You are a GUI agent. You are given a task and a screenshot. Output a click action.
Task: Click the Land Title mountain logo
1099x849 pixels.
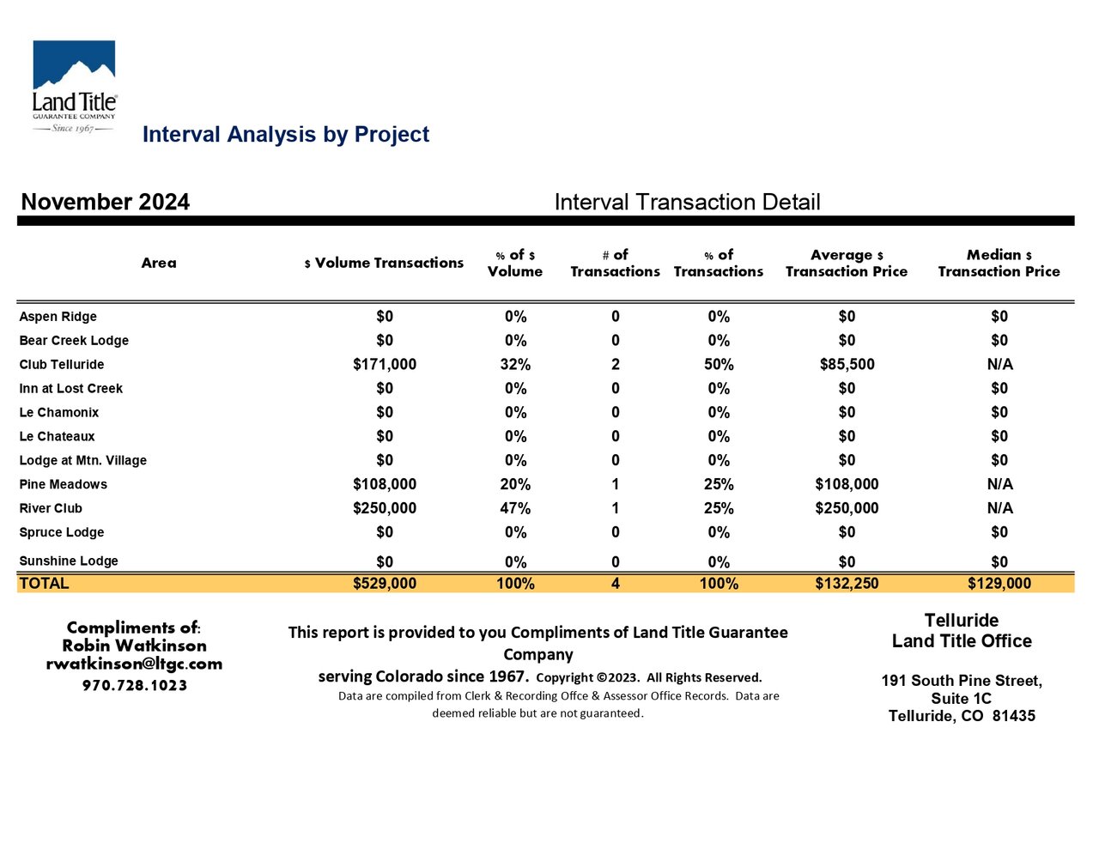(x=75, y=87)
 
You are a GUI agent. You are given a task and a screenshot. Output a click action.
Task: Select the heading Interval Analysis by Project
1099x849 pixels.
(x=286, y=135)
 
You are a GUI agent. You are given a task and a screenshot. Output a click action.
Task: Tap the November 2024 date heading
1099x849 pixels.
(x=106, y=202)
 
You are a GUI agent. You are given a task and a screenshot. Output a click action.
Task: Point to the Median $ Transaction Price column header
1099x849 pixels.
(x=999, y=263)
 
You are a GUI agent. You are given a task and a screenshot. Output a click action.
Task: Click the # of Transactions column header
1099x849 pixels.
(x=615, y=263)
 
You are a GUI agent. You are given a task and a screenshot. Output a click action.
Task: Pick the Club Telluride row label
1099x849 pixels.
(x=62, y=365)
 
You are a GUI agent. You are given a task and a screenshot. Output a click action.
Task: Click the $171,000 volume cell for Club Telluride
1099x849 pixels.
(x=385, y=364)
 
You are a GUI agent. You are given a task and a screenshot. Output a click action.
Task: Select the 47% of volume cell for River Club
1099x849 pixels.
(x=515, y=508)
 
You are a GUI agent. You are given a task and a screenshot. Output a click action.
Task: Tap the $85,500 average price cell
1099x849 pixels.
(x=847, y=364)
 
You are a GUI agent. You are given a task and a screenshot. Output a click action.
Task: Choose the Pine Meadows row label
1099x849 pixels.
(x=64, y=484)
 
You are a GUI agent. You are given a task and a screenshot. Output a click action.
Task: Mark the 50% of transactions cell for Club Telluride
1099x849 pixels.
(x=719, y=364)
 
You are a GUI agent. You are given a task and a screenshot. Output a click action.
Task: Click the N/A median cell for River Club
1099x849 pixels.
(x=1000, y=508)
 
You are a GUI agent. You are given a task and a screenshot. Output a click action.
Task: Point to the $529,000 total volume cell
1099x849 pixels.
(x=385, y=584)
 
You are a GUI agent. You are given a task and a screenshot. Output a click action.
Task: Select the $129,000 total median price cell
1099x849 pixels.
(x=999, y=584)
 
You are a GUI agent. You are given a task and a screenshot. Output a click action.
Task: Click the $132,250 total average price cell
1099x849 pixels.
(x=847, y=584)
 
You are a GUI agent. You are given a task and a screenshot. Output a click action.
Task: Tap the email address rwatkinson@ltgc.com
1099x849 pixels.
(x=134, y=664)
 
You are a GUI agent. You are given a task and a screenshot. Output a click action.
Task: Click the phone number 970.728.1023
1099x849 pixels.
(x=135, y=686)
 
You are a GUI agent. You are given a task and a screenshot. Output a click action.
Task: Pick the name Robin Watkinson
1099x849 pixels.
(x=135, y=646)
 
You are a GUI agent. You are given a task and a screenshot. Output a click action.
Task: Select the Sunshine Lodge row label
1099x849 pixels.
(x=69, y=561)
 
